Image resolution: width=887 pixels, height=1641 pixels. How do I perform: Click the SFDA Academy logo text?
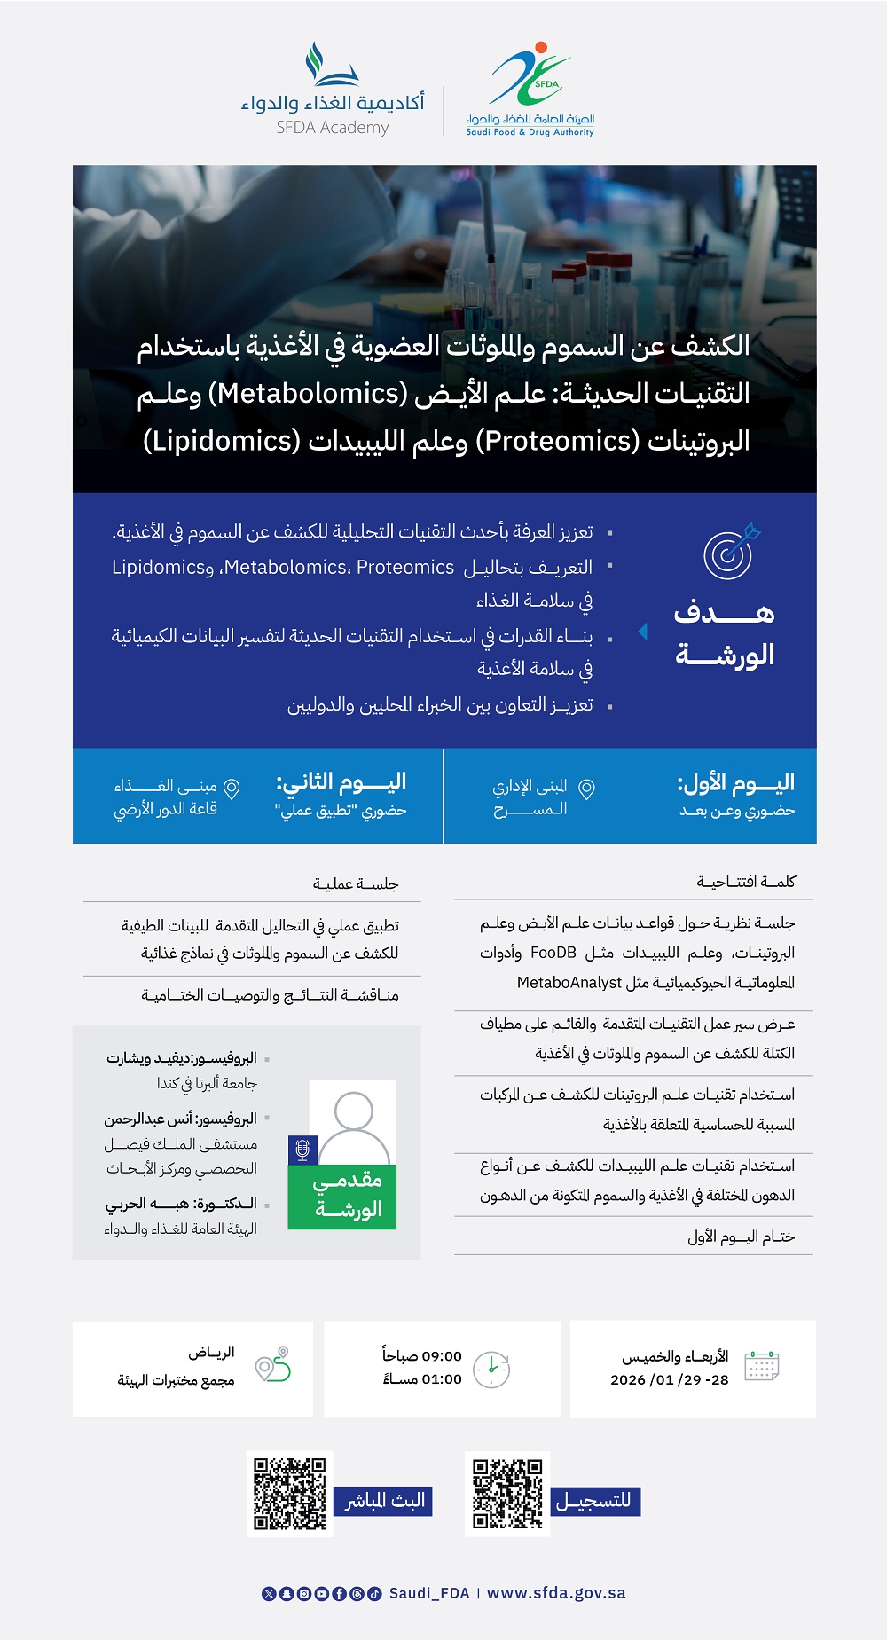pyautogui.click(x=333, y=127)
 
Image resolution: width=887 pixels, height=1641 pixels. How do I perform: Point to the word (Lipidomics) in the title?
pyautogui.click(x=221, y=441)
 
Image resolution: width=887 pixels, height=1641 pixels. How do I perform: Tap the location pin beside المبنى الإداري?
pyautogui.click(x=586, y=789)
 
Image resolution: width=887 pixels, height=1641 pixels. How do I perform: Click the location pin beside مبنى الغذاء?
pyautogui.click(x=232, y=788)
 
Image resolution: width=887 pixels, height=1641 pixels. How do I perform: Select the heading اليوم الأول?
pyautogui.click(x=735, y=782)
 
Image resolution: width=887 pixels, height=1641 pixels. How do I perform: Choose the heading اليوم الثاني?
pyautogui.click(x=341, y=781)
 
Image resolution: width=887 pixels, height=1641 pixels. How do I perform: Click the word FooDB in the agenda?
pyautogui.click(x=553, y=953)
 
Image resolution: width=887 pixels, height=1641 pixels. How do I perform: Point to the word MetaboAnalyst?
pyautogui.click(x=569, y=982)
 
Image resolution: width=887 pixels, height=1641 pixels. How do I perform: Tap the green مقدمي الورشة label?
pyautogui.click(x=348, y=1195)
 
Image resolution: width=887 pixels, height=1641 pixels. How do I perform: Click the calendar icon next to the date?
pyautogui.click(x=762, y=1366)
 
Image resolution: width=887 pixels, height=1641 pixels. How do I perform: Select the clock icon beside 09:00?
pyautogui.click(x=491, y=1369)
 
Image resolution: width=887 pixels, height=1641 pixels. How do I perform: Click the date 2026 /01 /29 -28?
pyautogui.click(x=669, y=1379)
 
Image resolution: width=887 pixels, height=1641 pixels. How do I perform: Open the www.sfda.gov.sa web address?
pyautogui.click(x=556, y=1593)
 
